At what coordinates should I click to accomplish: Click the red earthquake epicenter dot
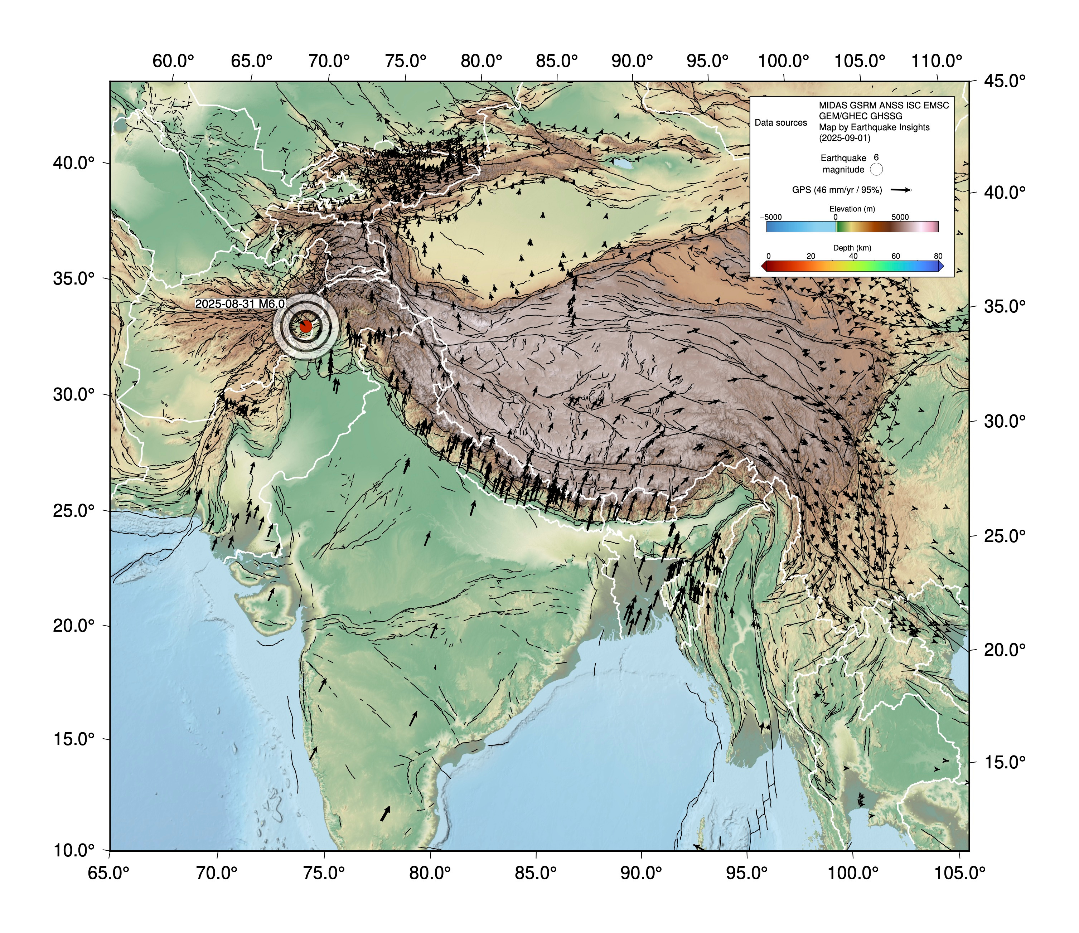[x=306, y=326]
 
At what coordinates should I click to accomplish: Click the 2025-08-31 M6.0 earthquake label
[x=240, y=303]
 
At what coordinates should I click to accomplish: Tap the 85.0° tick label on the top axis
[x=557, y=62]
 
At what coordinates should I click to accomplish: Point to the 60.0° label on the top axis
[x=173, y=62]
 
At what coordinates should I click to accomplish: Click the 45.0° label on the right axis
[x=1005, y=81]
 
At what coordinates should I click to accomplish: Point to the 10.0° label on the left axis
[x=74, y=851]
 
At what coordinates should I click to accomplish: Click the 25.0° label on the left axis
[x=74, y=510]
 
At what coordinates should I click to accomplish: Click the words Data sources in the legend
[x=780, y=123]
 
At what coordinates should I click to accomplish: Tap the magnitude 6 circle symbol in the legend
[x=876, y=169]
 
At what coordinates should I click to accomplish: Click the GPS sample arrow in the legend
[x=900, y=190]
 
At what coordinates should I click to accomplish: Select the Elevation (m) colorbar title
[x=852, y=209]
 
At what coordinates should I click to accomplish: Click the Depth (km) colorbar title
[x=852, y=248]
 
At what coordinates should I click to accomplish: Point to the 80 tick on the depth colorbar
[x=938, y=256]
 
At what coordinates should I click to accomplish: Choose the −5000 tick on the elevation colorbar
[x=771, y=217]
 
